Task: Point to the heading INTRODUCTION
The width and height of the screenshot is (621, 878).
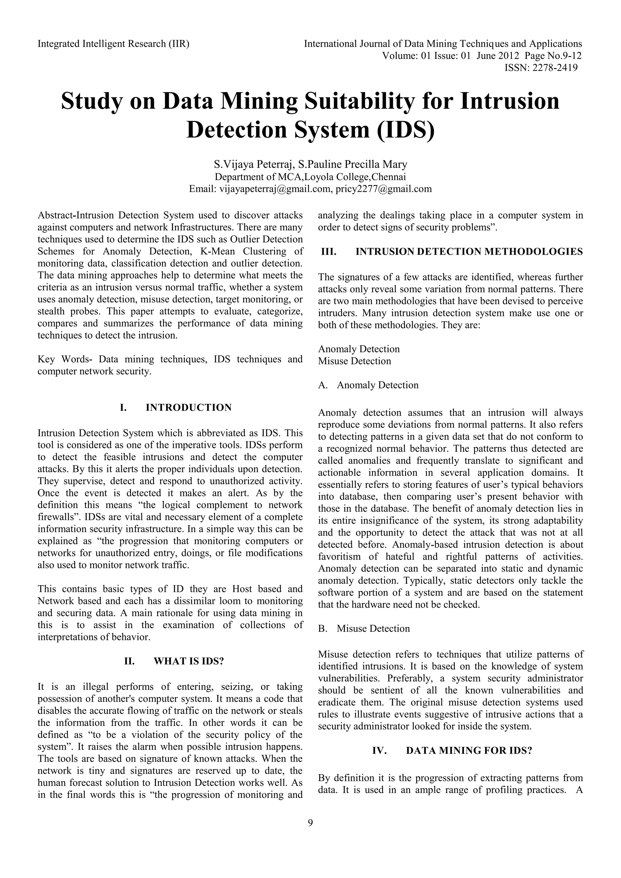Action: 189,408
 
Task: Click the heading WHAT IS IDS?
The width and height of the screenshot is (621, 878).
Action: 189,661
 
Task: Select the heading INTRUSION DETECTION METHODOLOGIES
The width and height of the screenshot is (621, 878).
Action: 469,252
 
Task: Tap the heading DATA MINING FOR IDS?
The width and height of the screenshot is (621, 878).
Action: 469,751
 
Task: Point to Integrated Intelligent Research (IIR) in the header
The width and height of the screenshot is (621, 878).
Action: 114,44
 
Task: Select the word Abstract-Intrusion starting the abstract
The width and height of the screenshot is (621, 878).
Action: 75,215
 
